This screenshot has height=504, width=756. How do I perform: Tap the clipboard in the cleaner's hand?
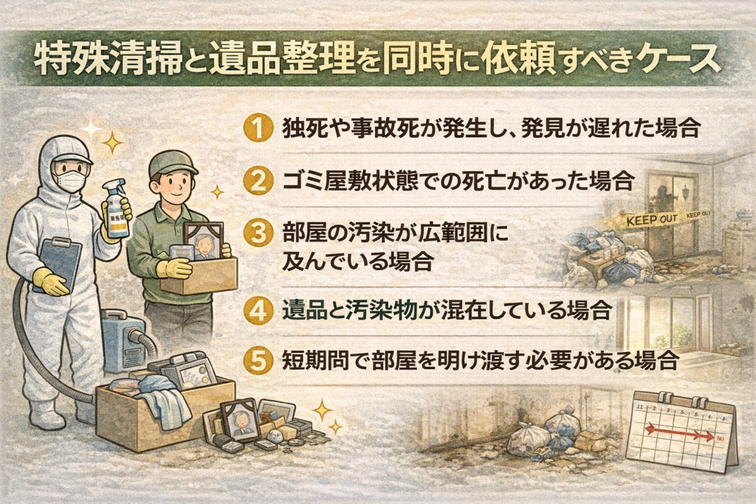tap(57, 262)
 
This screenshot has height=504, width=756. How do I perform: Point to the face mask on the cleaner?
tap(70, 180)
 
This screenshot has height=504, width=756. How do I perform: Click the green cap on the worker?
tap(172, 164)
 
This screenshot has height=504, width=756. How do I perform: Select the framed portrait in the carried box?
tap(204, 241)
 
